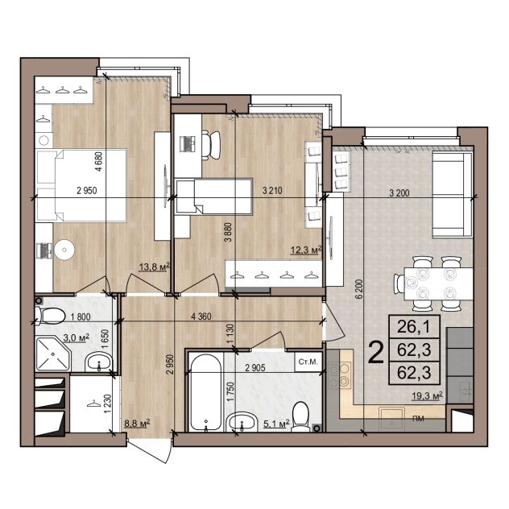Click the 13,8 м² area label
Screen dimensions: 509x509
point(155,267)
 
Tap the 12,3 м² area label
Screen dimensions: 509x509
point(306,250)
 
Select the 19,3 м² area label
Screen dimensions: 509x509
point(427,396)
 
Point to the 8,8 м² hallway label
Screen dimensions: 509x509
point(137,424)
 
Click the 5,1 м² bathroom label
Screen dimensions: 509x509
point(276,424)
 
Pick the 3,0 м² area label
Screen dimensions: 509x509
point(77,338)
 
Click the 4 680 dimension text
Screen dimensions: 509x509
point(99,161)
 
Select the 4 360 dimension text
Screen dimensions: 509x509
point(201,317)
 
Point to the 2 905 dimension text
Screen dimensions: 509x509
point(255,368)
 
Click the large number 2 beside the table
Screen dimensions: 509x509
point(376,354)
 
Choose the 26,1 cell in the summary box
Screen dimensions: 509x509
point(414,326)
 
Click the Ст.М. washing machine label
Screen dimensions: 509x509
point(308,362)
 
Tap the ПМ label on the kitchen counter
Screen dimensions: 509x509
point(418,419)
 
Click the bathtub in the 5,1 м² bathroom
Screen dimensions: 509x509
point(205,392)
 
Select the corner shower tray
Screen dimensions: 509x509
point(53,354)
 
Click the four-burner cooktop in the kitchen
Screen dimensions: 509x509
point(340,375)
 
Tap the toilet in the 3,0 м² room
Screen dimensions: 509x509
point(50,315)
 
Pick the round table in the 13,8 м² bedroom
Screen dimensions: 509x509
point(64,250)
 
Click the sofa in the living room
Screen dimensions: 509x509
point(452,195)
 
